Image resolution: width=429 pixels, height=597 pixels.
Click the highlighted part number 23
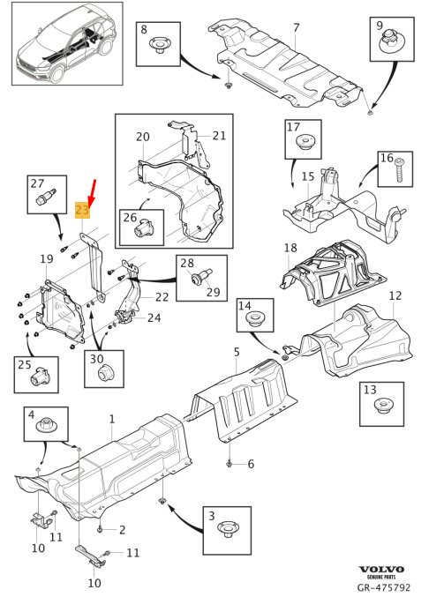click(x=82, y=210)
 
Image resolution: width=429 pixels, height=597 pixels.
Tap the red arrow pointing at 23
click(x=92, y=192)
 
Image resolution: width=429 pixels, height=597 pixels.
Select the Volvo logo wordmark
click(x=381, y=570)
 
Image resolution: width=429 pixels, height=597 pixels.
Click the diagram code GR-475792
click(x=384, y=587)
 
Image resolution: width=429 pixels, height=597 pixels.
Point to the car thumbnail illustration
click(x=67, y=43)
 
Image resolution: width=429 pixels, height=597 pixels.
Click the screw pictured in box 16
click(x=399, y=170)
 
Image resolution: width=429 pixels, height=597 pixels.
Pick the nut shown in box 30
click(x=105, y=373)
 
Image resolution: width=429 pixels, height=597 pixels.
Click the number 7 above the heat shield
click(x=297, y=28)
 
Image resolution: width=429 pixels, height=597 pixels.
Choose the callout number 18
click(x=290, y=248)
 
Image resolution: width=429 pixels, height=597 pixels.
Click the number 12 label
click(x=395, y=295)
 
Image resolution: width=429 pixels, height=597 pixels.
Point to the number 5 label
click(x=237, y=352)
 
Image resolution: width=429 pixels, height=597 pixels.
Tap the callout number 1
click(x=111, y=419)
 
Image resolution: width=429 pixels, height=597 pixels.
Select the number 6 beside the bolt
click(x=251, y=464)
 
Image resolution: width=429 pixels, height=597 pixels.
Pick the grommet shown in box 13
click(x=382, y=406)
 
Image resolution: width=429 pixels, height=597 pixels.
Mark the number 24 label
click(x=154, y=317)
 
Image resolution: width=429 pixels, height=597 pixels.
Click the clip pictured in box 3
click(x=227, y=530)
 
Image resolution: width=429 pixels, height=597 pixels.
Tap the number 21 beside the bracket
click(x=219, y=136)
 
